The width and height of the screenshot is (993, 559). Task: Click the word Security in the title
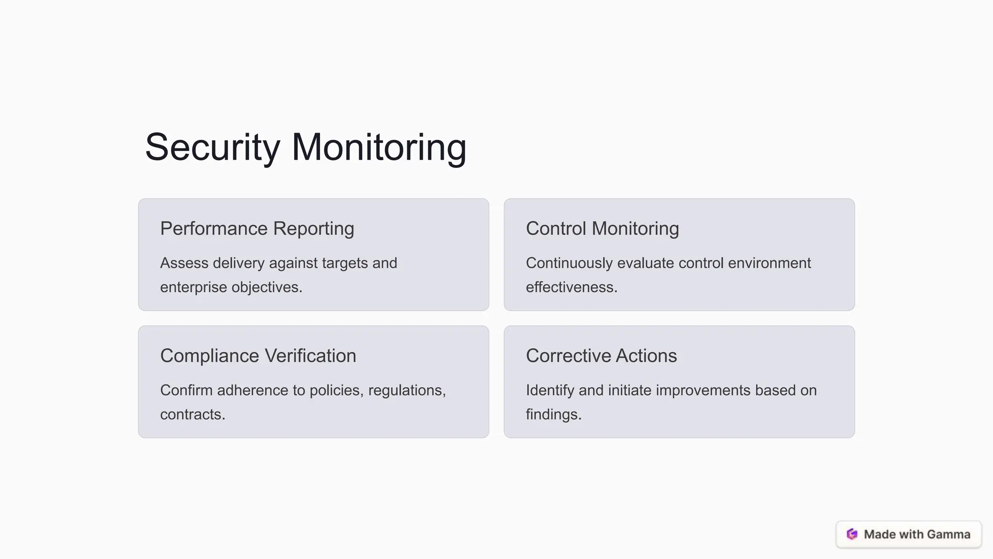point(212,147)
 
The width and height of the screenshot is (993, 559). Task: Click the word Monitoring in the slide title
point(379,147)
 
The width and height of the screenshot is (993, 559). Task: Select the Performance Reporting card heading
point(257,229)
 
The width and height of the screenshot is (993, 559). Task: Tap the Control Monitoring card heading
point(602,229)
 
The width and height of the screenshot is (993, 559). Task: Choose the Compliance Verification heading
point(258,356)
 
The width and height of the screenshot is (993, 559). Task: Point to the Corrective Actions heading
point(601,356)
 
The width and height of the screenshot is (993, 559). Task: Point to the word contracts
point(192,414)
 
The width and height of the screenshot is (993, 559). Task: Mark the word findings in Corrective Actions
point(553,414)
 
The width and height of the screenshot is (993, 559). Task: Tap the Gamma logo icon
point(852,534)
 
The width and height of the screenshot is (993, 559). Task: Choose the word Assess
point(184,263)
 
